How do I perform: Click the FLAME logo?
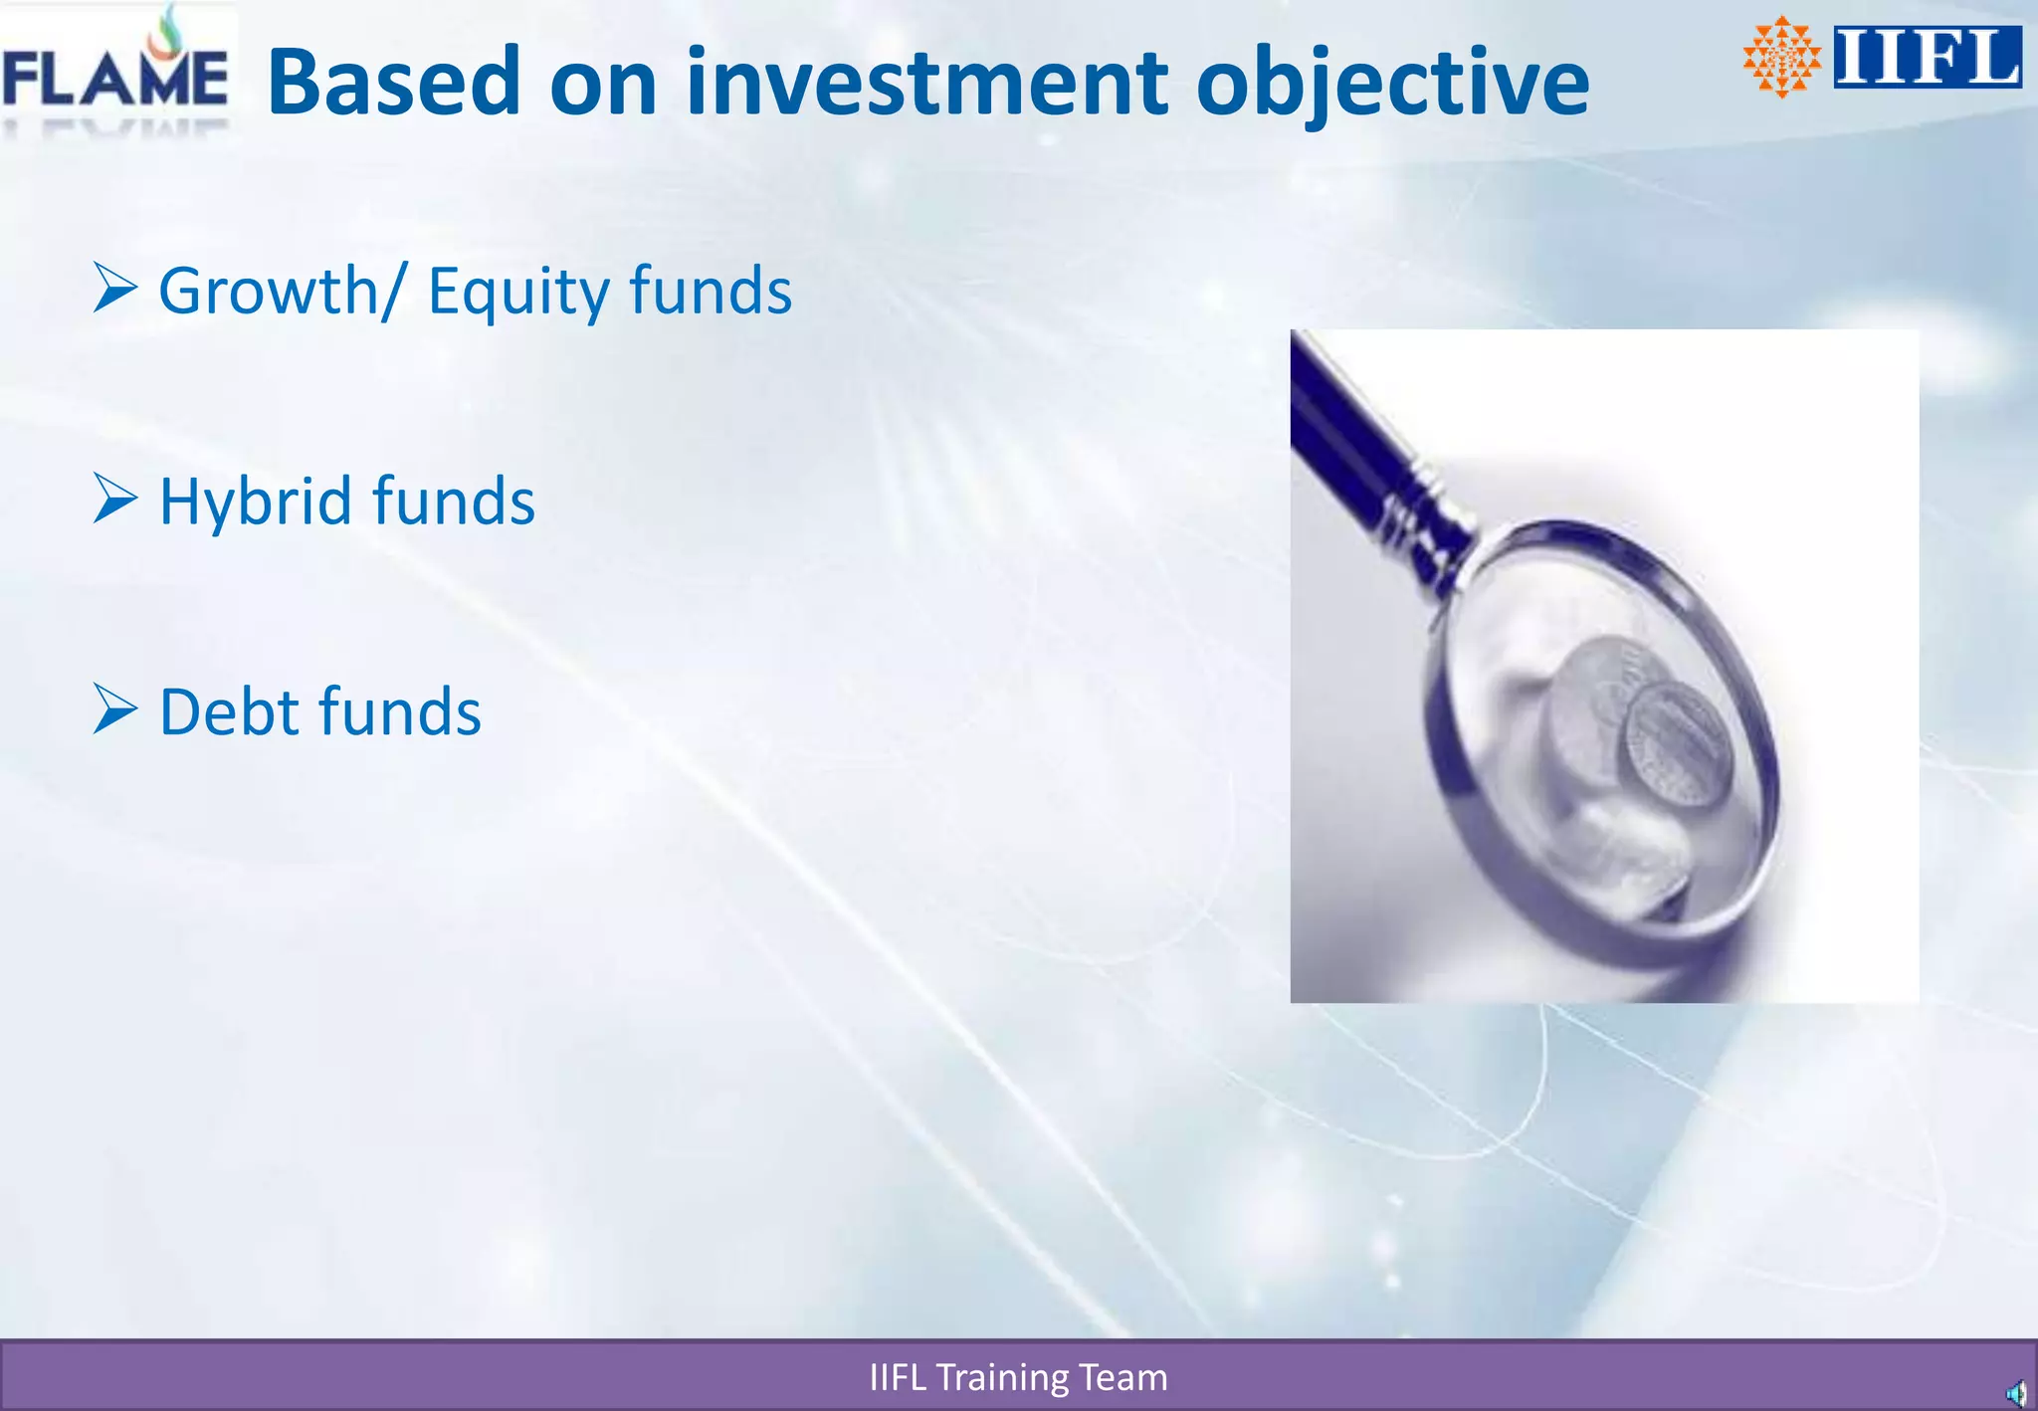coord(115,76)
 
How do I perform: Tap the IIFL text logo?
coord(1927,58)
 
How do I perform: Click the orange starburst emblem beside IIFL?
coord(1781,58)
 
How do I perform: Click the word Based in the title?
coord(394,82)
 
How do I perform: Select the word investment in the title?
coord(926,82)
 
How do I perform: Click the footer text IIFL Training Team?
coord(1018,1377)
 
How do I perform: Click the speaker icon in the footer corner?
coord(2015,1393)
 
